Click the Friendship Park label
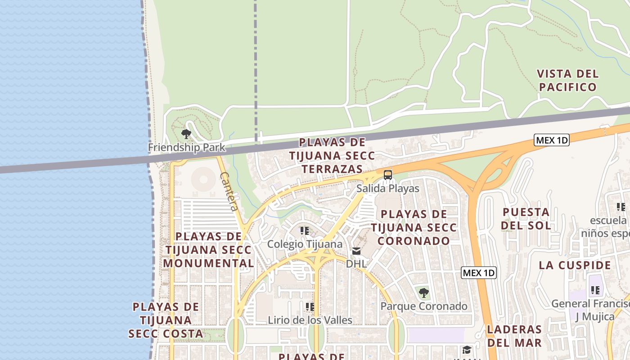tap(186, 147)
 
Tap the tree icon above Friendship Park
tap(186, 134)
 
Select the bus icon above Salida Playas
tap(387, 175)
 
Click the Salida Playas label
tap(387, 188)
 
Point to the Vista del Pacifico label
tap(567, 80)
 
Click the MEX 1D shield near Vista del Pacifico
tap(552, 140)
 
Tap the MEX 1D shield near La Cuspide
tap(479, 273)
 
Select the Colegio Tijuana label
tap(305, 244)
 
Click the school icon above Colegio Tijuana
tap(305, 231)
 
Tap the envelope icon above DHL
tap(356, 251)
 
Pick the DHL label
tap(356, 264)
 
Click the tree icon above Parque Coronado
tap(423, 293)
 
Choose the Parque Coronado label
tap(423, 306)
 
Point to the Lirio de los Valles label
tap(310, 320)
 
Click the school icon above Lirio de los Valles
tap(310, 307)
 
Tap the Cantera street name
tap(229, 191)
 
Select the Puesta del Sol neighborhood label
tap(526, 218)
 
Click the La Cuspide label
tap(575, 265)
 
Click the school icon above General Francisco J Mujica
tap(595, 290)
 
